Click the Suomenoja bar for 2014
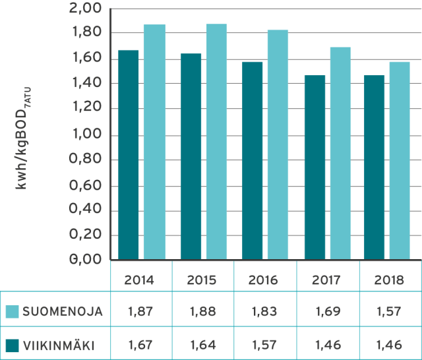coord(154,142)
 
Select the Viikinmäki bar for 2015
coord(191,156)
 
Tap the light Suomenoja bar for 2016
coord(278,144)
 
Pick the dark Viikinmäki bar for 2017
coord(315,167)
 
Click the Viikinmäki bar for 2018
coord(374,167)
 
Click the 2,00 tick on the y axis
coord(86,9)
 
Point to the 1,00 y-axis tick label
coord(86,135)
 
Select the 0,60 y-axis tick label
coord(86,185)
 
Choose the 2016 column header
coord(263,280)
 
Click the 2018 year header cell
coord(389,280)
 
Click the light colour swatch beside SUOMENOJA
coord(12,313)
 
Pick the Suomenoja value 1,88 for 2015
coord(202,313)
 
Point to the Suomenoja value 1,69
coord(326,313)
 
